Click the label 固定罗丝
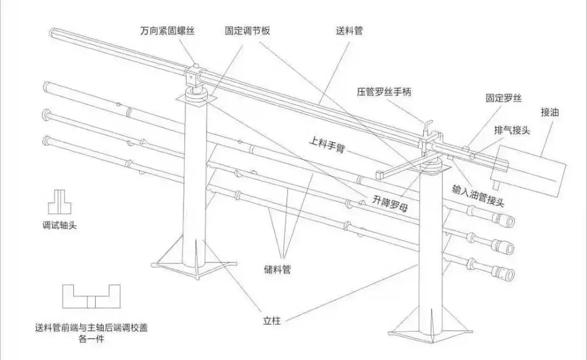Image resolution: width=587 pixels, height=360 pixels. coord(504,98)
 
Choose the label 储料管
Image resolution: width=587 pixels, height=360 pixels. coord(278,270)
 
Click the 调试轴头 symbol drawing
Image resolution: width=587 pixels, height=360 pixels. coord(59,201)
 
